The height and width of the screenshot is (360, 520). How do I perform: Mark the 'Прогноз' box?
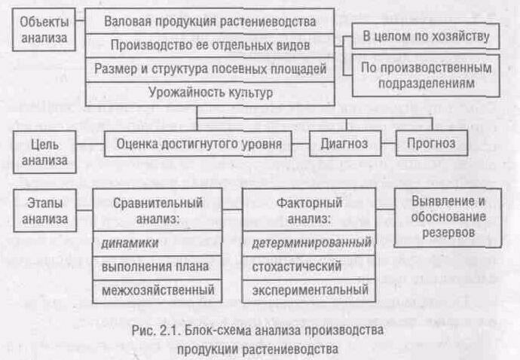point(430,142)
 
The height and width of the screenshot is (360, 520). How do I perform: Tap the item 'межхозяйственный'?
point(157,290)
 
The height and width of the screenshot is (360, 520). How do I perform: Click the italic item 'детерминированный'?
point(309,243)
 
